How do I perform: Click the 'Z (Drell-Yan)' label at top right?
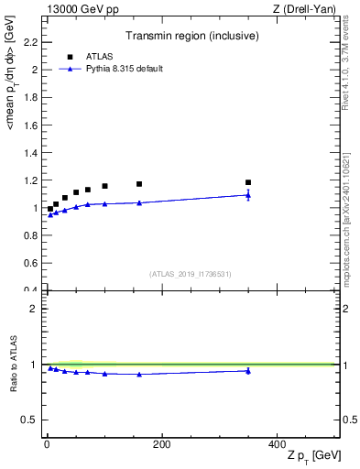pos(309,9)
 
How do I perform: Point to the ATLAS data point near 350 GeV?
pos(248,182)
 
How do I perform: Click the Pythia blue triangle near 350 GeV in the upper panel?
pos(248,194)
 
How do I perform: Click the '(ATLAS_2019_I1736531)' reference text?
pos(191,274)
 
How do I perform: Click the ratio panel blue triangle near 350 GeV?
pos(248,370)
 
